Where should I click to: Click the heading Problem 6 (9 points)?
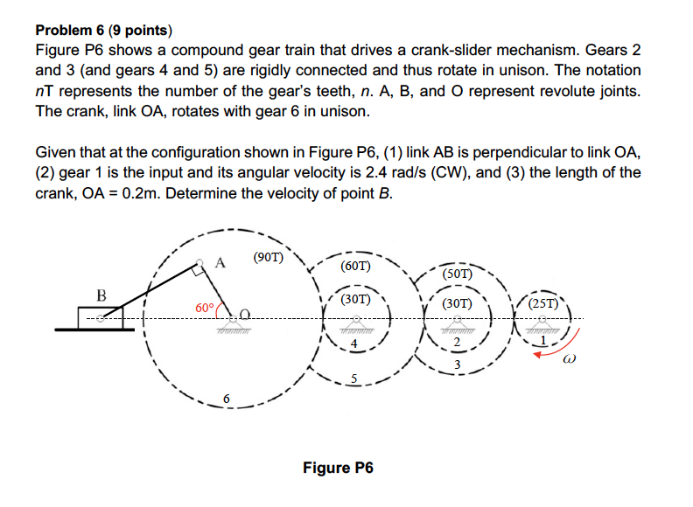109,29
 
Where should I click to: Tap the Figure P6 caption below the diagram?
338,468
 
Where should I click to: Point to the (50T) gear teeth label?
457,274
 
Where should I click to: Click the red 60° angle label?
204,308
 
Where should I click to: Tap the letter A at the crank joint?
220,260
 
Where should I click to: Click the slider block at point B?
101,318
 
